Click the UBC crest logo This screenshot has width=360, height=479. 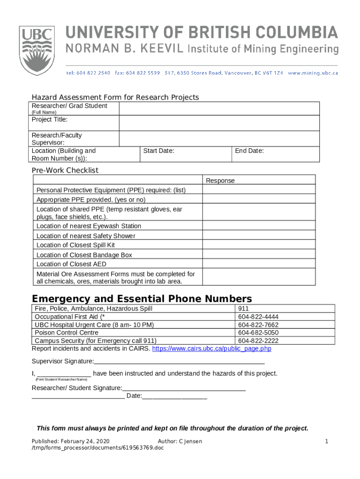[x=36, y=51]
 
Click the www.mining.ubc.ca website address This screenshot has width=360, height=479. [x=313, y=73]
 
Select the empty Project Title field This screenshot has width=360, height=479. [x=219, y=123]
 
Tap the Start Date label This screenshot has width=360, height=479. [x=158, y=151]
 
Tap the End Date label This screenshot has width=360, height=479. [x=250, y=151]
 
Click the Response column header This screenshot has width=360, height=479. [x=220, y=181]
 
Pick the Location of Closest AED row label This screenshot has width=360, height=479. [x=71, y=264]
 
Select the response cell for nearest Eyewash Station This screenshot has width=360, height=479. [x=259, y=226]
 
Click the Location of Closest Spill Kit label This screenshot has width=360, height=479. [x=75, y=245]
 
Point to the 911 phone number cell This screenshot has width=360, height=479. [x=243, y=309]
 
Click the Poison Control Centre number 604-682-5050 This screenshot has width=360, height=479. [x=258, y=333]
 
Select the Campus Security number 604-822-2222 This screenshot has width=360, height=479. [x=258, y=341]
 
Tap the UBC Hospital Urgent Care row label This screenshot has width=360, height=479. [x=94, y=325]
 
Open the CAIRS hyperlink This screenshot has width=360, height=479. [x=212, y=348]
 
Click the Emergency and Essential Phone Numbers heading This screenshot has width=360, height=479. [x=142, y=299]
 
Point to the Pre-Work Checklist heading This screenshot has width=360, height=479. [x=65, y=170]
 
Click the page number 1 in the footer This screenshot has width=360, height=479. [x=327, y=442]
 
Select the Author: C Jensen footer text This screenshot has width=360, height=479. [x=180, y=442]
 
